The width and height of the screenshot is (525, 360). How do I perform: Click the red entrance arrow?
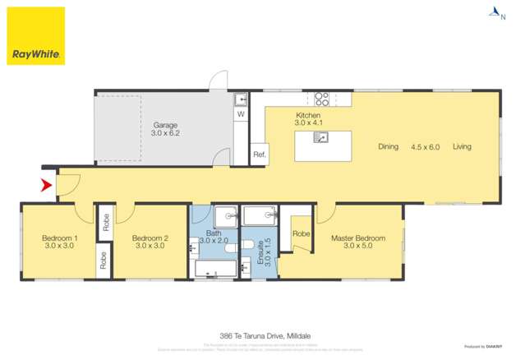(x=47, y=186)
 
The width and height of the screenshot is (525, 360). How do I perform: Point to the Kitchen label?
(x=308, y=116)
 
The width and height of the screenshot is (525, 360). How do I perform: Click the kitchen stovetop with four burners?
(x=323, y=99)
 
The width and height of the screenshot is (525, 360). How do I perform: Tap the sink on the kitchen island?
(x=322, y=138)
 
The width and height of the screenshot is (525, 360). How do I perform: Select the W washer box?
(x=241, y=115)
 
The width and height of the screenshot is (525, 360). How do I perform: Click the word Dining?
(x=388, y=147)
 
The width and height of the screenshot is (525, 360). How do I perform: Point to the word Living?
(x=462, y=147)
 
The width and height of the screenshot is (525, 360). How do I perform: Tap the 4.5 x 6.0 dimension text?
(x=425, y=147)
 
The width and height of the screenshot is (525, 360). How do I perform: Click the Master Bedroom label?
(x=358, y=239)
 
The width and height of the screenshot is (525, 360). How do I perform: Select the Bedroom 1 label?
(x=60, y=239)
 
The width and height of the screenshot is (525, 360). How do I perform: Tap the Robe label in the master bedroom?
(x=302, y=234)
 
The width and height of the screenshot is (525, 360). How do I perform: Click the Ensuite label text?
(x=261, y=251)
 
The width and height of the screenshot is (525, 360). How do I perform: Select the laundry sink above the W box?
(x=241, y=100)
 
